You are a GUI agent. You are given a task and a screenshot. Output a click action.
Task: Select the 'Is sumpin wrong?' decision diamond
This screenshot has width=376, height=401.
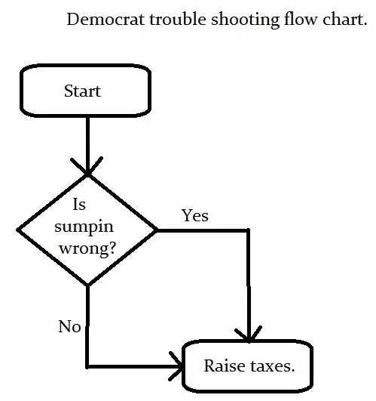(x=87, y=229)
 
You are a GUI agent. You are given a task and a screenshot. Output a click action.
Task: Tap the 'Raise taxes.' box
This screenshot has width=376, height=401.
(x=248, y=366)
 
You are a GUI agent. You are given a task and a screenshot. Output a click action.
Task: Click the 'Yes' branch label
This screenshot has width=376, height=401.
(x=194, y=216)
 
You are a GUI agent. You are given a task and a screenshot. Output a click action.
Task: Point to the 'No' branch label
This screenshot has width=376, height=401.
(x=69, y=327)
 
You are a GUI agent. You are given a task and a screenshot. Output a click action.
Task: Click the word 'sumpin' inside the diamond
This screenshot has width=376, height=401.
(x=88, y=226)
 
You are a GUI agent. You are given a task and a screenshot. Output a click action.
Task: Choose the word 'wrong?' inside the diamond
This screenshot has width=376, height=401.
(x=88, y=247)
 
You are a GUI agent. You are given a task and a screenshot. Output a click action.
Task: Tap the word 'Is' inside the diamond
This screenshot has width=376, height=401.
(x=79, y=205)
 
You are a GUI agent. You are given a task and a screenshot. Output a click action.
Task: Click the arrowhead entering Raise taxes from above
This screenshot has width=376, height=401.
(x=248, y=335)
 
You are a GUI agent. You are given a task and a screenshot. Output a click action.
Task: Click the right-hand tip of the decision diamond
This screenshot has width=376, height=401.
(x=157, y=229)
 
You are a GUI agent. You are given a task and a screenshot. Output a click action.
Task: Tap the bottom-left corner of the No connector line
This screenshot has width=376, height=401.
(x=88, y=367)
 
